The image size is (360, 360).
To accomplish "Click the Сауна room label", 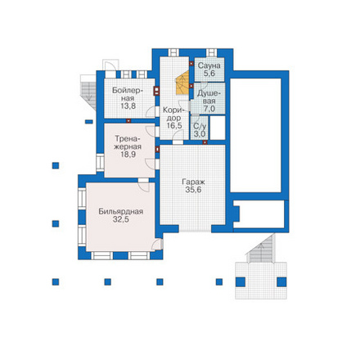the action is pyautogui.click(x=209, y=65).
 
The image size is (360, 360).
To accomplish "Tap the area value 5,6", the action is pyautogui.click(x=209, y=74).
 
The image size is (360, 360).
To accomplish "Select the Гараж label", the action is pyautogui.click(x=193, y=182).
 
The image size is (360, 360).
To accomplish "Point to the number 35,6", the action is pyautogui.click(x=193, y=190).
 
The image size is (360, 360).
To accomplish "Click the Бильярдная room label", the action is pyautogui.click(x=121, y=211).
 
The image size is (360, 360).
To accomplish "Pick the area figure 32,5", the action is pyautogui.click(x=121, y=219).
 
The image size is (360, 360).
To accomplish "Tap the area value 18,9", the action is pyautogui.click(x=128, y=155).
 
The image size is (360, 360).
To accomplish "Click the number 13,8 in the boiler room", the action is pyautogui.click(x=128, y=106).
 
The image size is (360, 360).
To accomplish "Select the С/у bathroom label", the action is pyautogui.click(x=199, y=126).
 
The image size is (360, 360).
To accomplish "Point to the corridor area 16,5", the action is pyautogui.click(x=174, y=126).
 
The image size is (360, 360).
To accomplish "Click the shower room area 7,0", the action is pyautogui.click(x=209, y=109).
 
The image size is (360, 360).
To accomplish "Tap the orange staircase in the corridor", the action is pyautogui.click(x=182, y=83).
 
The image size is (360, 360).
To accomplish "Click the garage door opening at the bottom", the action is pyautogui.click(x=195, y=228).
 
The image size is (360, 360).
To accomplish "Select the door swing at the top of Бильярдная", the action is pyautogui.click(x=144, y=187).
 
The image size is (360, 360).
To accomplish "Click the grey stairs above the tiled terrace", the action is pyautogui.click(x=261, y=249).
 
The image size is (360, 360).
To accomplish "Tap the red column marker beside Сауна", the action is pyautogui.click(x=191, y=64).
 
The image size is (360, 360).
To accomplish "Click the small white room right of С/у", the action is pyautogui.click(x=218, y=128).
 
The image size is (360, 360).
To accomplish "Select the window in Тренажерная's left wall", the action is pyautogui.click(x=100, y=163).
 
